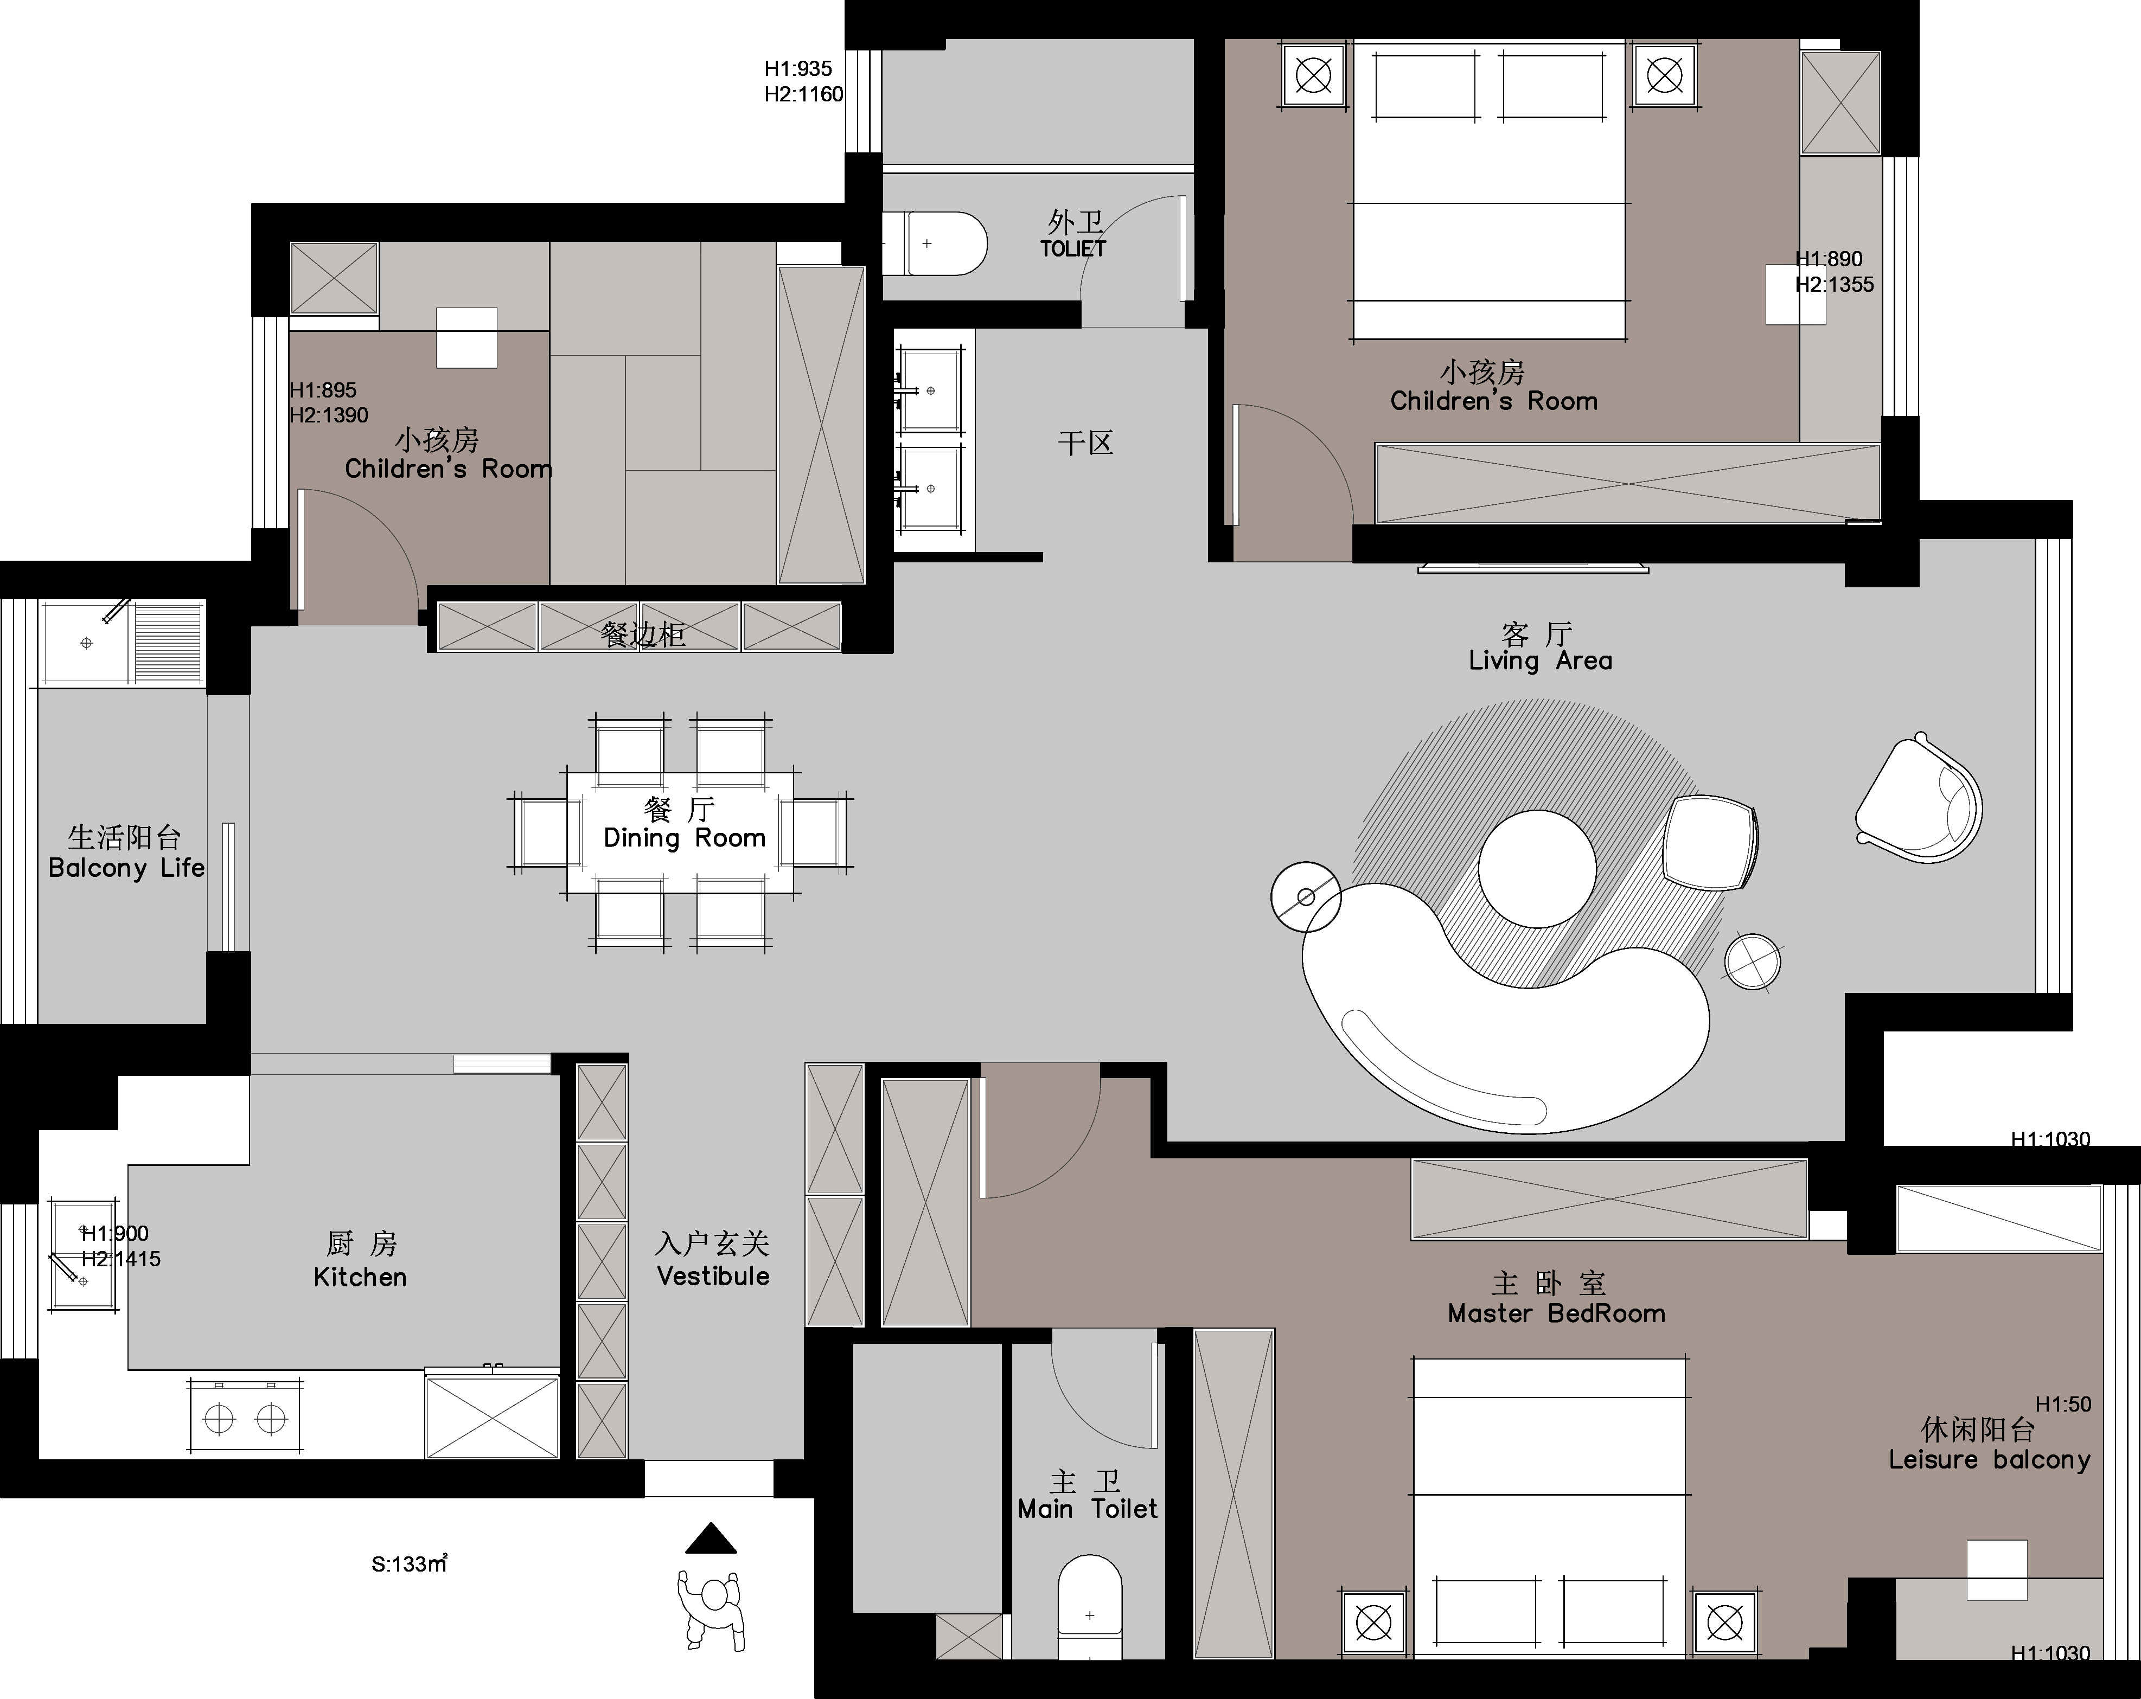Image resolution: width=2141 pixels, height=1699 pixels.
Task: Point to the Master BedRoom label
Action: [x=1556, y=1314]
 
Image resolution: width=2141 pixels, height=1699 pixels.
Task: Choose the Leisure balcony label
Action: [x=1989, y=1460]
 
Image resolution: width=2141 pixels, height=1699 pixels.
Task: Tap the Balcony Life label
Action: [x=126, y=868]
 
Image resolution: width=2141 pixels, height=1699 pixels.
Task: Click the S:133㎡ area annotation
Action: [x=409, y=1564]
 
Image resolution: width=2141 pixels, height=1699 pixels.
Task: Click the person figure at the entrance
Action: [x=711, y=1610]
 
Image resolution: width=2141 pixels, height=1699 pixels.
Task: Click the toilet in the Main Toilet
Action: [x=1089, y=1607]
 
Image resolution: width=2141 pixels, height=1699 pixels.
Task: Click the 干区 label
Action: [x=1085, y=443]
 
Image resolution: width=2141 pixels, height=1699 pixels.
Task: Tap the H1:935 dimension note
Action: [x=798, y=68]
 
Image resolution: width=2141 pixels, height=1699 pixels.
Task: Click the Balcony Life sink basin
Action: [x=86, y=644]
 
